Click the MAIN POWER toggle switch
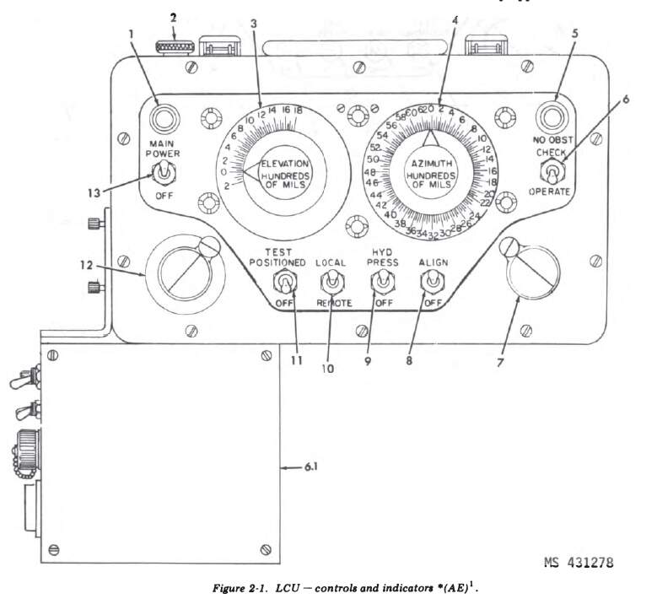pos(161,174)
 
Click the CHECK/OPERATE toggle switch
pos(552,172)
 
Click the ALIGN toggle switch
pos(430,281)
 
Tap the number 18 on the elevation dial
pos(297,111)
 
